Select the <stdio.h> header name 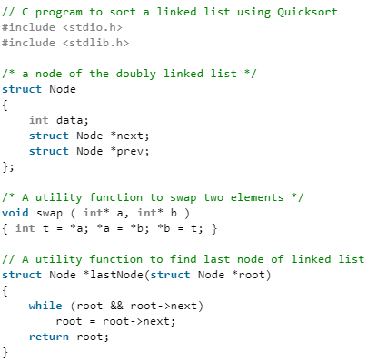(94, 27)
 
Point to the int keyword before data (39, 120)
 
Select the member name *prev (127, 151)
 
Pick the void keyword (15, 212)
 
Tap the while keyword (45, 305)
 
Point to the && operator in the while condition (104, 305)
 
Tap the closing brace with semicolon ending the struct (8, 166)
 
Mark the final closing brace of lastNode (5, 351)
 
